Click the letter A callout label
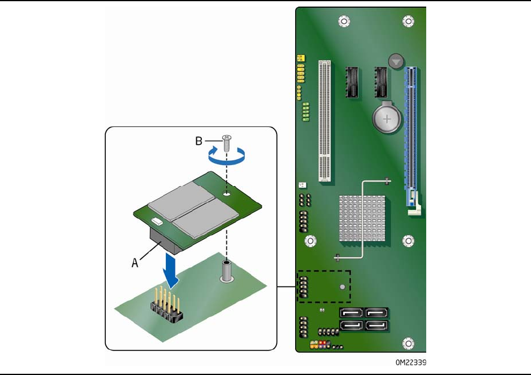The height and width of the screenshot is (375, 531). pyautogui.click(x=135, y=262)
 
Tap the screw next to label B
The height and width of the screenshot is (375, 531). pyautogui.click(x=226, y=142)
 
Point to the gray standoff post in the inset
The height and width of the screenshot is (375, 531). pyautogui.click(x=227, y=273)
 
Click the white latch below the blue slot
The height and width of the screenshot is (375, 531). pyautogui.click(x=414, y=209)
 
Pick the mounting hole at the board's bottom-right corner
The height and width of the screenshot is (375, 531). pyautogui.click(x=408, y=344)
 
